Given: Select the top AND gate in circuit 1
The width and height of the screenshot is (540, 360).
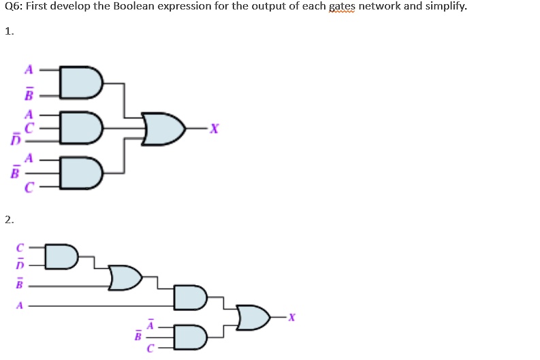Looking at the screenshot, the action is click(81, 82).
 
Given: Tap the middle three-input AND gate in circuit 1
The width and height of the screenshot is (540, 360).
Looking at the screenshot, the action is click(81, 127).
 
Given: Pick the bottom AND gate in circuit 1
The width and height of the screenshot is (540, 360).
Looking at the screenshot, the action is click(81, 172).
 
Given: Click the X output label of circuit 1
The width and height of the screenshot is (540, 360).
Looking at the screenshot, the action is click(215, 129).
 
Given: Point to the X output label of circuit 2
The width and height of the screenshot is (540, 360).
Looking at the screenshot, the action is click(291, 317).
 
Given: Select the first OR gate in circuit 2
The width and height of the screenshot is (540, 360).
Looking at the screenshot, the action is click(125, 278).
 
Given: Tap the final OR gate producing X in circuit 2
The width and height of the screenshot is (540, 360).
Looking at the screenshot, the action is click(253, 317).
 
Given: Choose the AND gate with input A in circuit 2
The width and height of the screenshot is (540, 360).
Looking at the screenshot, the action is click(191, 297).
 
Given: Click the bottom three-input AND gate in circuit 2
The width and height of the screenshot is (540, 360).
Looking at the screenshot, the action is click(191, 337).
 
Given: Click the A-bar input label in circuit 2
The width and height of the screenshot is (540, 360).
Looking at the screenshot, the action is click(150, 324).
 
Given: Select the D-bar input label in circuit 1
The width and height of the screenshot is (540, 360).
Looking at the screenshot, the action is click(16, 138).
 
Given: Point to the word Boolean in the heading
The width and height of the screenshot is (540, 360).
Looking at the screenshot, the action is click(133, 6).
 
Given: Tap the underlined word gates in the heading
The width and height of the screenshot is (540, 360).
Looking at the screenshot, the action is click(342, 7).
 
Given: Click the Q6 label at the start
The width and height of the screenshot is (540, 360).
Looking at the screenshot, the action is click(14, 6).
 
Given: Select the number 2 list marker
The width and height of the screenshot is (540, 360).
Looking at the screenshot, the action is click(10, 220).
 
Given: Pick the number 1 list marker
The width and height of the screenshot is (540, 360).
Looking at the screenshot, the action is click(10, 31).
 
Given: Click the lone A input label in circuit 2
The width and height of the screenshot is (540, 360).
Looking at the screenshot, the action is click(20, 306).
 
